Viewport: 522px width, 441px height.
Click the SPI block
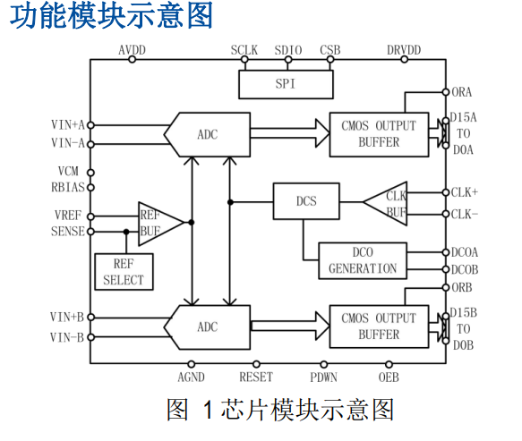coord(285,84)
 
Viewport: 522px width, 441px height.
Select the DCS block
coord(306,200)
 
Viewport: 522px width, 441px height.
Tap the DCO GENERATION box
coord(363,260)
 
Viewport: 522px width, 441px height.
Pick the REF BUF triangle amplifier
coord(158,222)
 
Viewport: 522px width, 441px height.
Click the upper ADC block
coord(207,134)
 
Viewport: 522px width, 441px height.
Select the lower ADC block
coord(207,327)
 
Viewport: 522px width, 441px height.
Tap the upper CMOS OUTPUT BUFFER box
coord(379,133)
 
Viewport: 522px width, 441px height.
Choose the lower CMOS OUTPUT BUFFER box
coord(379,326)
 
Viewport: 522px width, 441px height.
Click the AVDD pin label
coord(133,49)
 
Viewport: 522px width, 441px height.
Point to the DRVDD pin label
coord(404,49)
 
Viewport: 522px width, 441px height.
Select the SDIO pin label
coord(288,49)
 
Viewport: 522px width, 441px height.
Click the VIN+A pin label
coord(67,125)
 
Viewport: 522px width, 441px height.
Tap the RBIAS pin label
coord(67,187)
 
